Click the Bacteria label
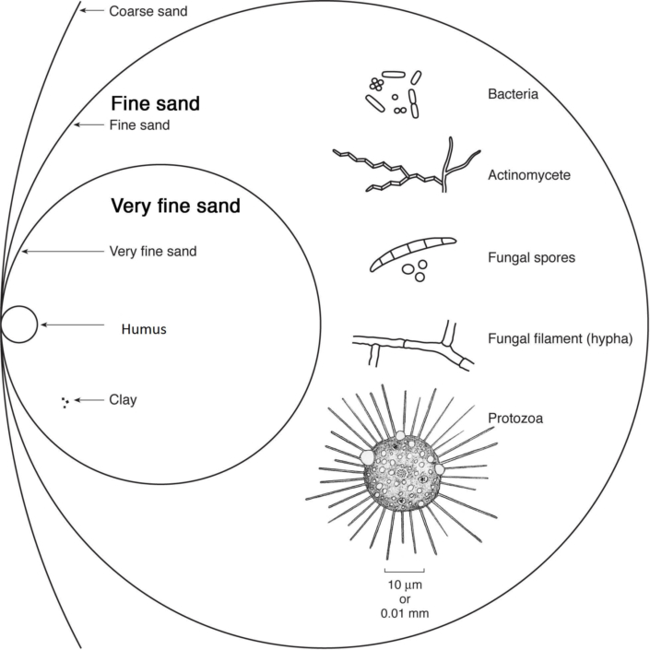(x=514, y=94)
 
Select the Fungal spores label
(x=531, y=257)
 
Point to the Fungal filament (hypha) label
(x=559, y=338)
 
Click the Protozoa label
(x=515, y=418)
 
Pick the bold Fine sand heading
(x=156, y=103)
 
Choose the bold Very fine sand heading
(x=175, y=207)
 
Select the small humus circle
(x=19, y=325)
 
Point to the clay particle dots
(x=65, y=401)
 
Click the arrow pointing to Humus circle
(x=72, y=325)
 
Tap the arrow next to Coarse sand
(x=91, y=11)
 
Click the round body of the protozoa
(x=400, y=472)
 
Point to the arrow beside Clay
(x=89, y=400)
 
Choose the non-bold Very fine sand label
(x=153, y=251)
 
